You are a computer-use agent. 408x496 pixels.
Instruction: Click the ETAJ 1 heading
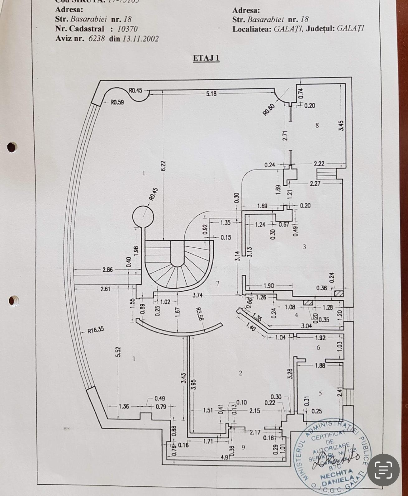206,58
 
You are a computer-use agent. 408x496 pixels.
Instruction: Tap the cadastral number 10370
127,29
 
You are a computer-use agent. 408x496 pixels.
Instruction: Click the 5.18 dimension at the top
211,93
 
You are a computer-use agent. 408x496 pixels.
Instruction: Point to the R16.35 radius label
96,330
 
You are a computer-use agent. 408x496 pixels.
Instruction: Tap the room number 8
317,125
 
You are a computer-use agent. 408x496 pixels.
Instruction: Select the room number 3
304,247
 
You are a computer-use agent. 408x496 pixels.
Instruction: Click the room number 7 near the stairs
218,283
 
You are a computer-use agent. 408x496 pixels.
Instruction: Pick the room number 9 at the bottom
243,447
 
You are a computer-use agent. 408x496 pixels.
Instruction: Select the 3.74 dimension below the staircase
197,295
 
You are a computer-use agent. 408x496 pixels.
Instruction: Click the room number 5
320,393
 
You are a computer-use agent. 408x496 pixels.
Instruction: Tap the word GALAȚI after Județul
350,29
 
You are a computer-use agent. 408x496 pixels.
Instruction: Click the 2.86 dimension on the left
107,269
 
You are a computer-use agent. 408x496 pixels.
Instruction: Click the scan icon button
383,470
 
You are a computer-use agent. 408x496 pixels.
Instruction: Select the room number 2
240,373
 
